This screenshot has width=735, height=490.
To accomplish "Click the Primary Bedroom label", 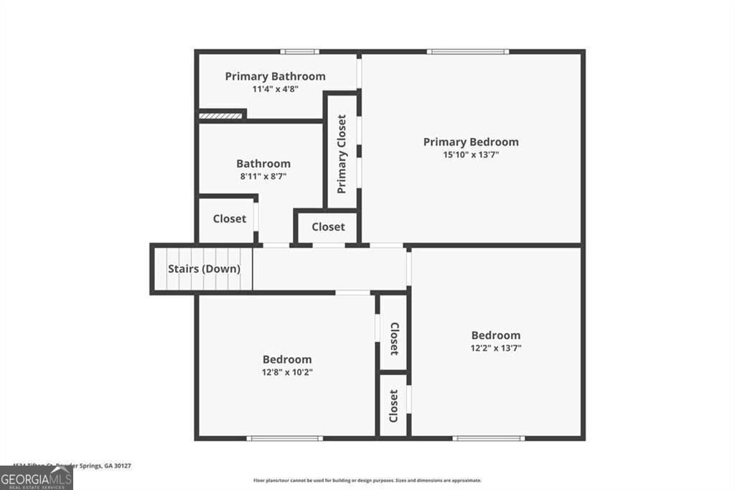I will [470, 142].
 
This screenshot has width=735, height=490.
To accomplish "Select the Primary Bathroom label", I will [275, 76].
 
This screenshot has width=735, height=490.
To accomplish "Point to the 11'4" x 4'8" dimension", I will [275, 90].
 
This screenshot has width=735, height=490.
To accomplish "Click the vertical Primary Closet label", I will [342, 154].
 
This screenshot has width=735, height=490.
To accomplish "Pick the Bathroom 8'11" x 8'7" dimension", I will [263, 177].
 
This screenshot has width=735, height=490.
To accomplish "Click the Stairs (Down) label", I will [204, 269].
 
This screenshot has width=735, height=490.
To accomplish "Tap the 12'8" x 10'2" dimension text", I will [287, 372].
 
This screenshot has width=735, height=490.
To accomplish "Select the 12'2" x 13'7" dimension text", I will [495, 348].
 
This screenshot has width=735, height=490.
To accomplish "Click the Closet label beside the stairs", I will [229, 219].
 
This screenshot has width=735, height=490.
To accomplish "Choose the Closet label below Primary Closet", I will [328, 227].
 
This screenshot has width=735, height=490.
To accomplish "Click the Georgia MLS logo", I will [36, 479].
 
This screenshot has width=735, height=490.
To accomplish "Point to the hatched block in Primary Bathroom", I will [220, 114].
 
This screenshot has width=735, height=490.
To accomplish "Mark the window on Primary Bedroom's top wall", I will [467, 52].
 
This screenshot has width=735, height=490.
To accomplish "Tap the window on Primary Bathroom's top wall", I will [299, 52].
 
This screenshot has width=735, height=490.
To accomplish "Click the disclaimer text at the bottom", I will [367, 481].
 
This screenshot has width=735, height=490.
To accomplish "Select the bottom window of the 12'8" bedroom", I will [284, 438].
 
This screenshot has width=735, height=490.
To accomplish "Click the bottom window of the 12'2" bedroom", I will [488, 438].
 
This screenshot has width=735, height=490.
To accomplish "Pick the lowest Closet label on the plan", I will [393, 407].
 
